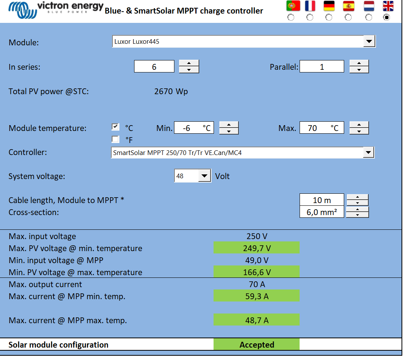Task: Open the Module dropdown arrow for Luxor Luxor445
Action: click(369, 41)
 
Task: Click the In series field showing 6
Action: click(154, 67)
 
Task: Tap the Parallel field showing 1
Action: click(322, 67)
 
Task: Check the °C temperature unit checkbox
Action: click(115, 127)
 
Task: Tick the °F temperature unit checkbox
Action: click(115, 139)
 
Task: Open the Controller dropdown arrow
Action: click(368, 153)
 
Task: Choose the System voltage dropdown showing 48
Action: click(193, 176)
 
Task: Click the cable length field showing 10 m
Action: click(322, 200)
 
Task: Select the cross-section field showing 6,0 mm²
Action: click(322, 212)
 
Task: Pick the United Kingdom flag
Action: click(388, 6)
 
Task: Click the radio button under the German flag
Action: click(329, 17)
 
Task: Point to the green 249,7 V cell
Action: click(257, 248)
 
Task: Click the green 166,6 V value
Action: click(257, 272)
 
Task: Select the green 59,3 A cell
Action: click(257, 296)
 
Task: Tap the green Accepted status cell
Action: click(257, 344)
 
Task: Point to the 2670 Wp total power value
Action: click(171, 91)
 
